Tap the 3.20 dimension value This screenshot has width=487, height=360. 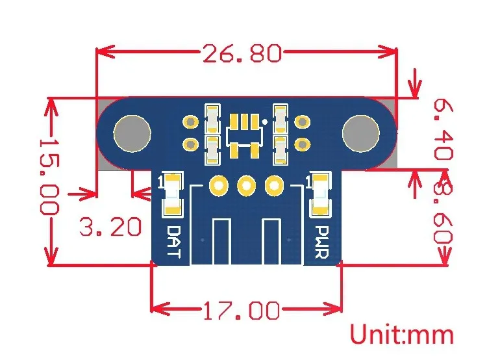click(110, 227)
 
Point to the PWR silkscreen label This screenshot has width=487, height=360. click(320, 242)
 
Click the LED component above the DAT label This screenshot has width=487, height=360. click(173, 194)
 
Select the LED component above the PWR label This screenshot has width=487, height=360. click(319, 194)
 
